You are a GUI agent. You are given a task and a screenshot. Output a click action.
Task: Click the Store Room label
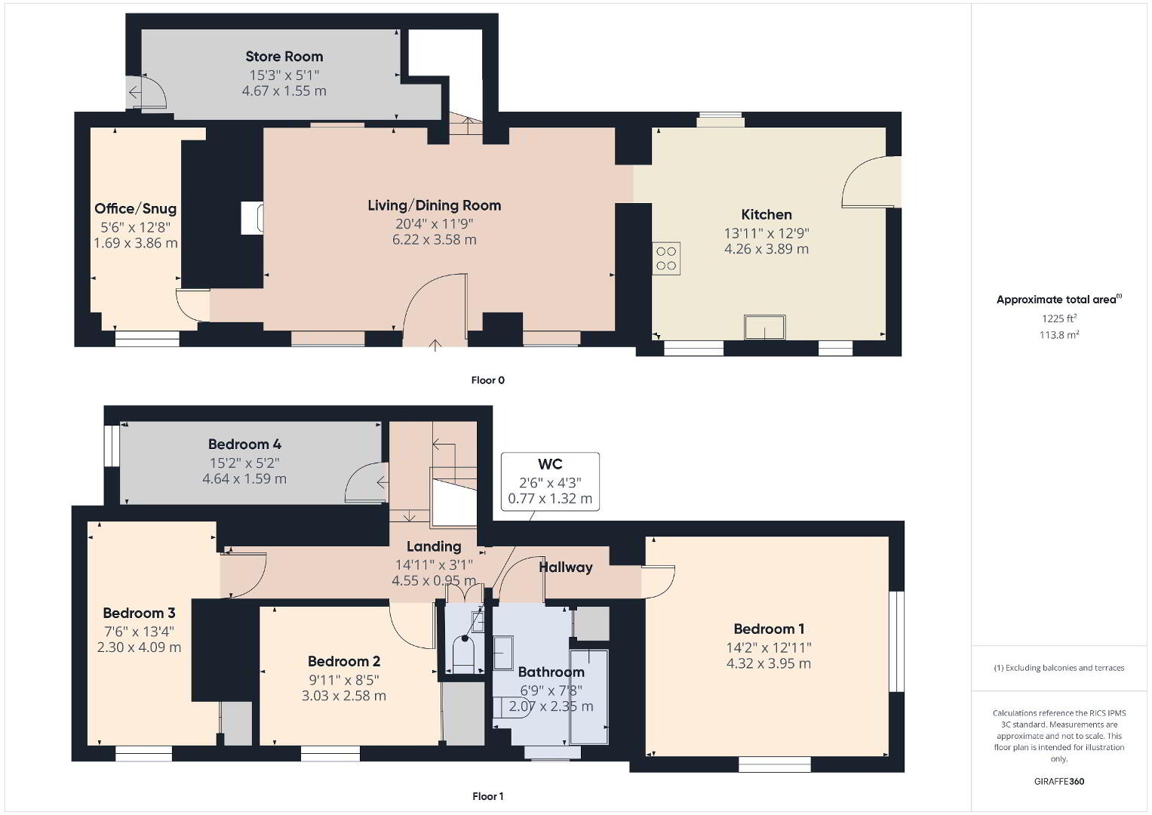(x=284, y=57)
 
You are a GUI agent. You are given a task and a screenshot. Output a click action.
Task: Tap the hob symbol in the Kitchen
(x=666, y=258)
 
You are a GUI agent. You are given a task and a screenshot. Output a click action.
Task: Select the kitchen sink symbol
(x=765, y=328)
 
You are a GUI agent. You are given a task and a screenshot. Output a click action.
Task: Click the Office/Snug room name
(x=135, y=209)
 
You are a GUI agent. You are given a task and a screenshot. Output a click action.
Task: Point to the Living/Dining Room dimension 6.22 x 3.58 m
(x=434, y=240)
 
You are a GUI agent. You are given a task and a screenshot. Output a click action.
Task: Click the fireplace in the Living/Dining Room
(x=253, y=218)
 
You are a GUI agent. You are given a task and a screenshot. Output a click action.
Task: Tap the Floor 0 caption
(x=487, y=380)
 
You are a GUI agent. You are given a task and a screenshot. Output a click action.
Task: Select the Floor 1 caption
(x=487, y=796)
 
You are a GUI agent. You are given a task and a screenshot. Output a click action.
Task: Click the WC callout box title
(x=550, y=464)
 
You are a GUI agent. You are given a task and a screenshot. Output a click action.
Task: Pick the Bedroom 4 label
(x=244, y=444)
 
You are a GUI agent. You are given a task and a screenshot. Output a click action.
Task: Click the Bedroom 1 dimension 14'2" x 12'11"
(x=768, y=647)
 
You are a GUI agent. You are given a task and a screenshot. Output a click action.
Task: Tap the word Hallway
(x=566, y=567)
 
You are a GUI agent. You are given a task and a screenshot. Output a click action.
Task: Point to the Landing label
(x=434, y=546)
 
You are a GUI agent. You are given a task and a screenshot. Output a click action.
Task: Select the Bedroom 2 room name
(x=343, y=661)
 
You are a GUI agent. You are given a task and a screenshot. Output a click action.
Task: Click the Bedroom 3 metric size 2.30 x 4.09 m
(x=139, y=647)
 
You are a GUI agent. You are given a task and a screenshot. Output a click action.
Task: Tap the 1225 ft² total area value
(x=1059, y=318)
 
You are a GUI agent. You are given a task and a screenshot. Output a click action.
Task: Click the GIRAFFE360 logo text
(x=1059, y=782)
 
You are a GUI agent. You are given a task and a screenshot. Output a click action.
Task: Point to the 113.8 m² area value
(x=1059, y=335)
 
